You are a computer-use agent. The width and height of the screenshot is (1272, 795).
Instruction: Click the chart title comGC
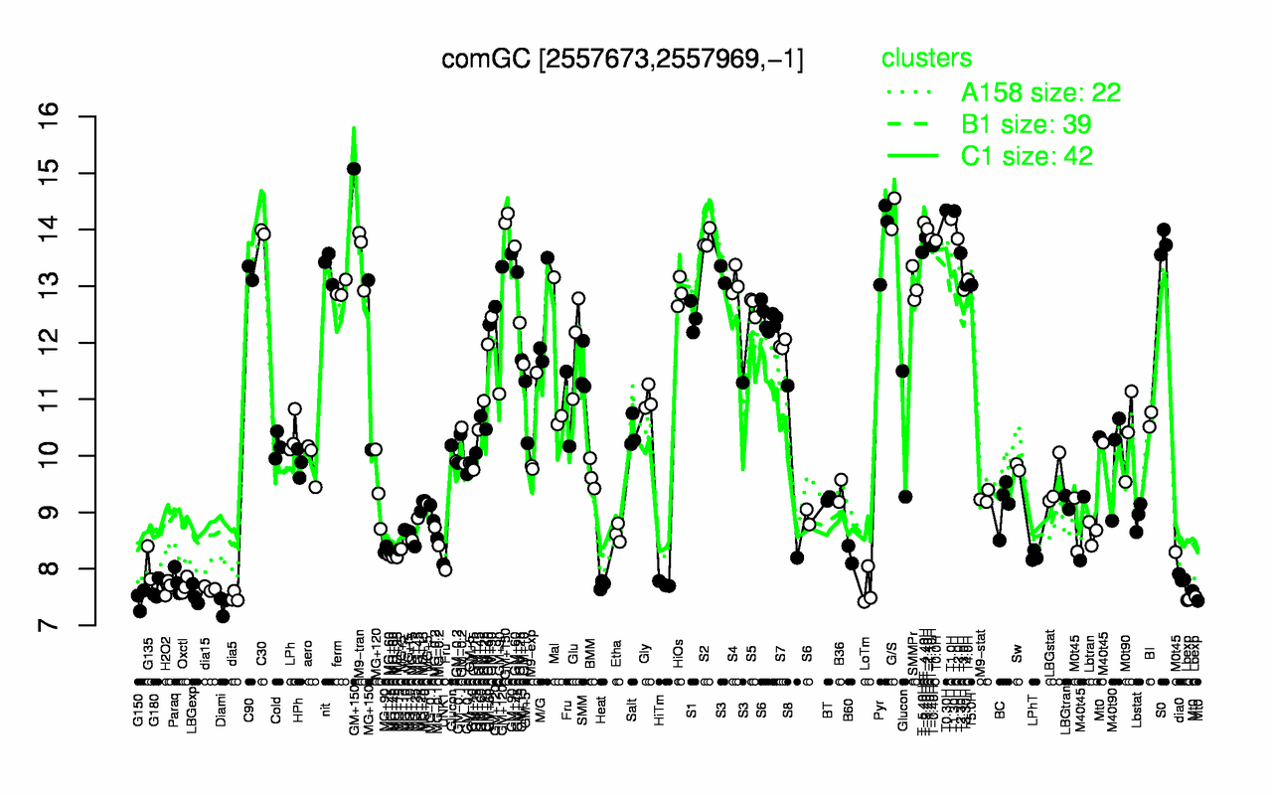point(622,60)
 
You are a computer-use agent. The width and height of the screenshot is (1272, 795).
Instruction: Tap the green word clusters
point(926,59)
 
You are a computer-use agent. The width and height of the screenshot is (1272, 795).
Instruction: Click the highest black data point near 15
point(353,169)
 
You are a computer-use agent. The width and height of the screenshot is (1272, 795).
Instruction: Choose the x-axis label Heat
point(600,713)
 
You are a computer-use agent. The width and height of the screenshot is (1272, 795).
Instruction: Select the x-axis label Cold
point(277,713)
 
